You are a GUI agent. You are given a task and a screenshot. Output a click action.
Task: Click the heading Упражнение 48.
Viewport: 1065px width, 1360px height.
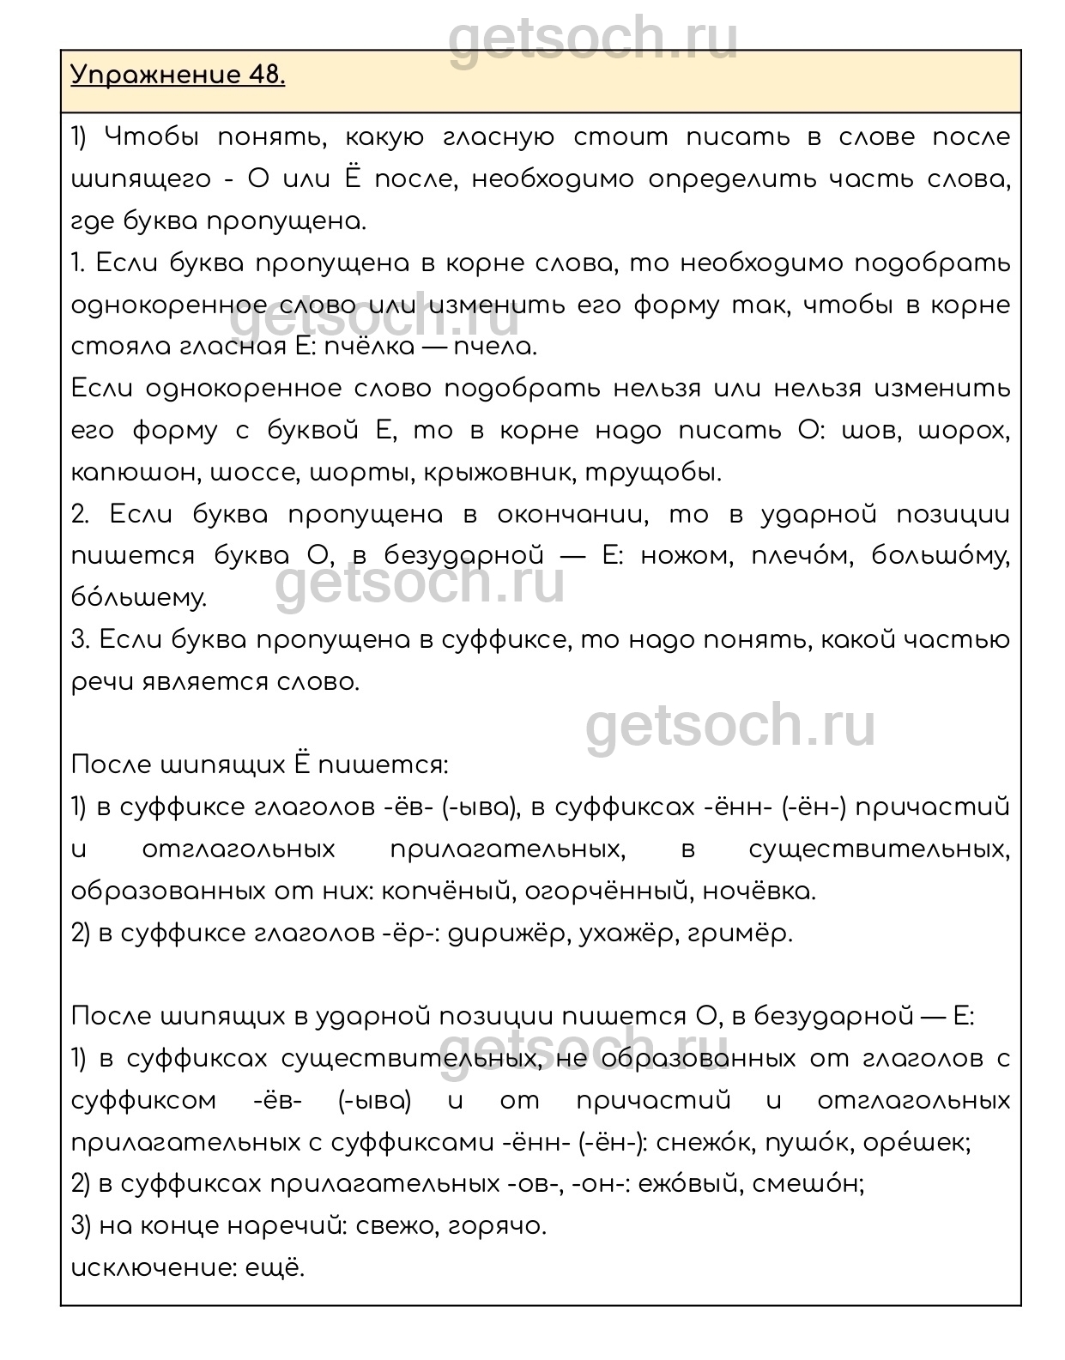[178, 76]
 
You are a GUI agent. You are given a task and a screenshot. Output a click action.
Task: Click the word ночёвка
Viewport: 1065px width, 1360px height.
[759, 892]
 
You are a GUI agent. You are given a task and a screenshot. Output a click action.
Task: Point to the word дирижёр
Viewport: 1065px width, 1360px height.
[510, 934]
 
